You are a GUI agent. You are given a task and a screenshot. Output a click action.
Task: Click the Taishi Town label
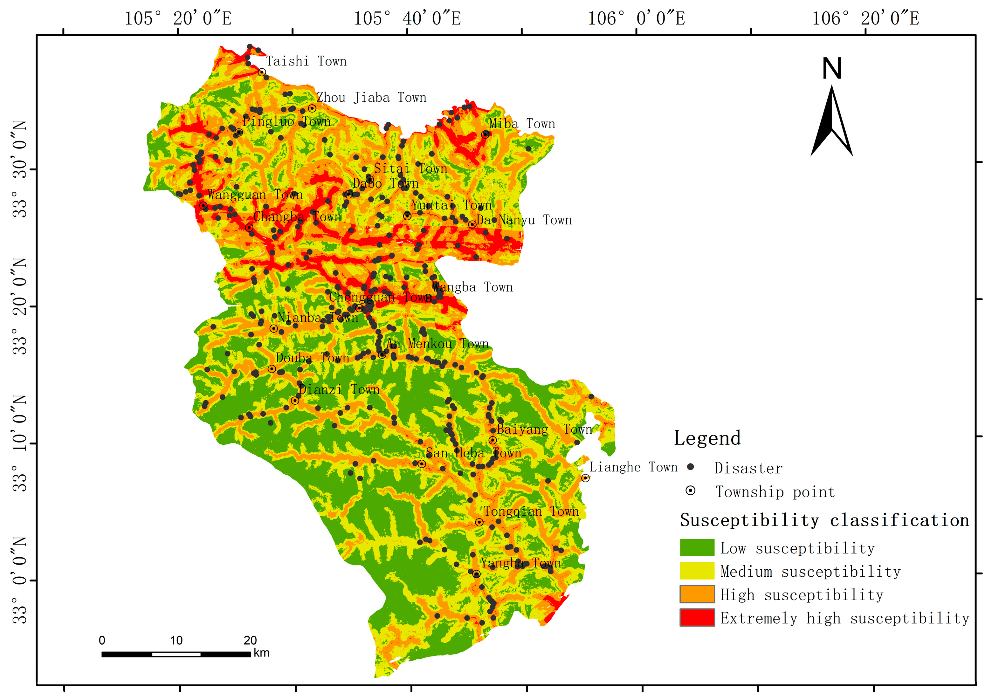[306, 61]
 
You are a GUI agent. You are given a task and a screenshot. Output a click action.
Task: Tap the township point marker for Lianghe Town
[585, 478]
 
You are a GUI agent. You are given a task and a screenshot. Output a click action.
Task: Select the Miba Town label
[521, 124]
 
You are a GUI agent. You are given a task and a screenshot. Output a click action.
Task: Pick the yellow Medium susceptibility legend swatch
[697, 571]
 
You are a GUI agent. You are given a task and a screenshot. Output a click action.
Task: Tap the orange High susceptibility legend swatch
[697, 594]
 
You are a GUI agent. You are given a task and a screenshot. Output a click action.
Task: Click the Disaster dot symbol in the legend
[690, 467]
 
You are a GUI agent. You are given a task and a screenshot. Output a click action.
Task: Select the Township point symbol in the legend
[690, 491]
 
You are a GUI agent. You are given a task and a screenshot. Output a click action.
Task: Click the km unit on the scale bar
[261, 653]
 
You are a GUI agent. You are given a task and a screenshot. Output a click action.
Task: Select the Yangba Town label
[520, 563]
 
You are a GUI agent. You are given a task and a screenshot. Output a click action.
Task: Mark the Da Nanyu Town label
[524, 220]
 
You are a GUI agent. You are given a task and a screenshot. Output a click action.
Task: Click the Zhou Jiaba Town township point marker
[312, 108]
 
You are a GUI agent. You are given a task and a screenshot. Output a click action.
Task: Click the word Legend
[707, 438]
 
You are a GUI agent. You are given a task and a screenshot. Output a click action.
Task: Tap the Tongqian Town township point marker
[479, 522]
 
